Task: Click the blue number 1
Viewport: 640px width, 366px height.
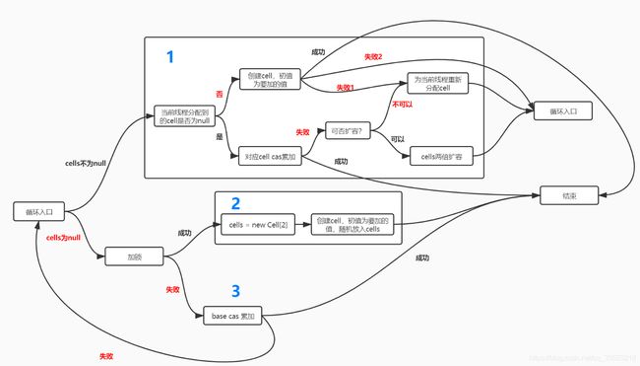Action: pos(169,57)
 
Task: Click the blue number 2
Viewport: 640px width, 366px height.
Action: pos(234,204)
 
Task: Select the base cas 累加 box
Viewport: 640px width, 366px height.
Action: pos(232,316)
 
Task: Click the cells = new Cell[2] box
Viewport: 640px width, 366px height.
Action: pos(258,226)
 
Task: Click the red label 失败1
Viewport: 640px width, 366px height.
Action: pos(345,88)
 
